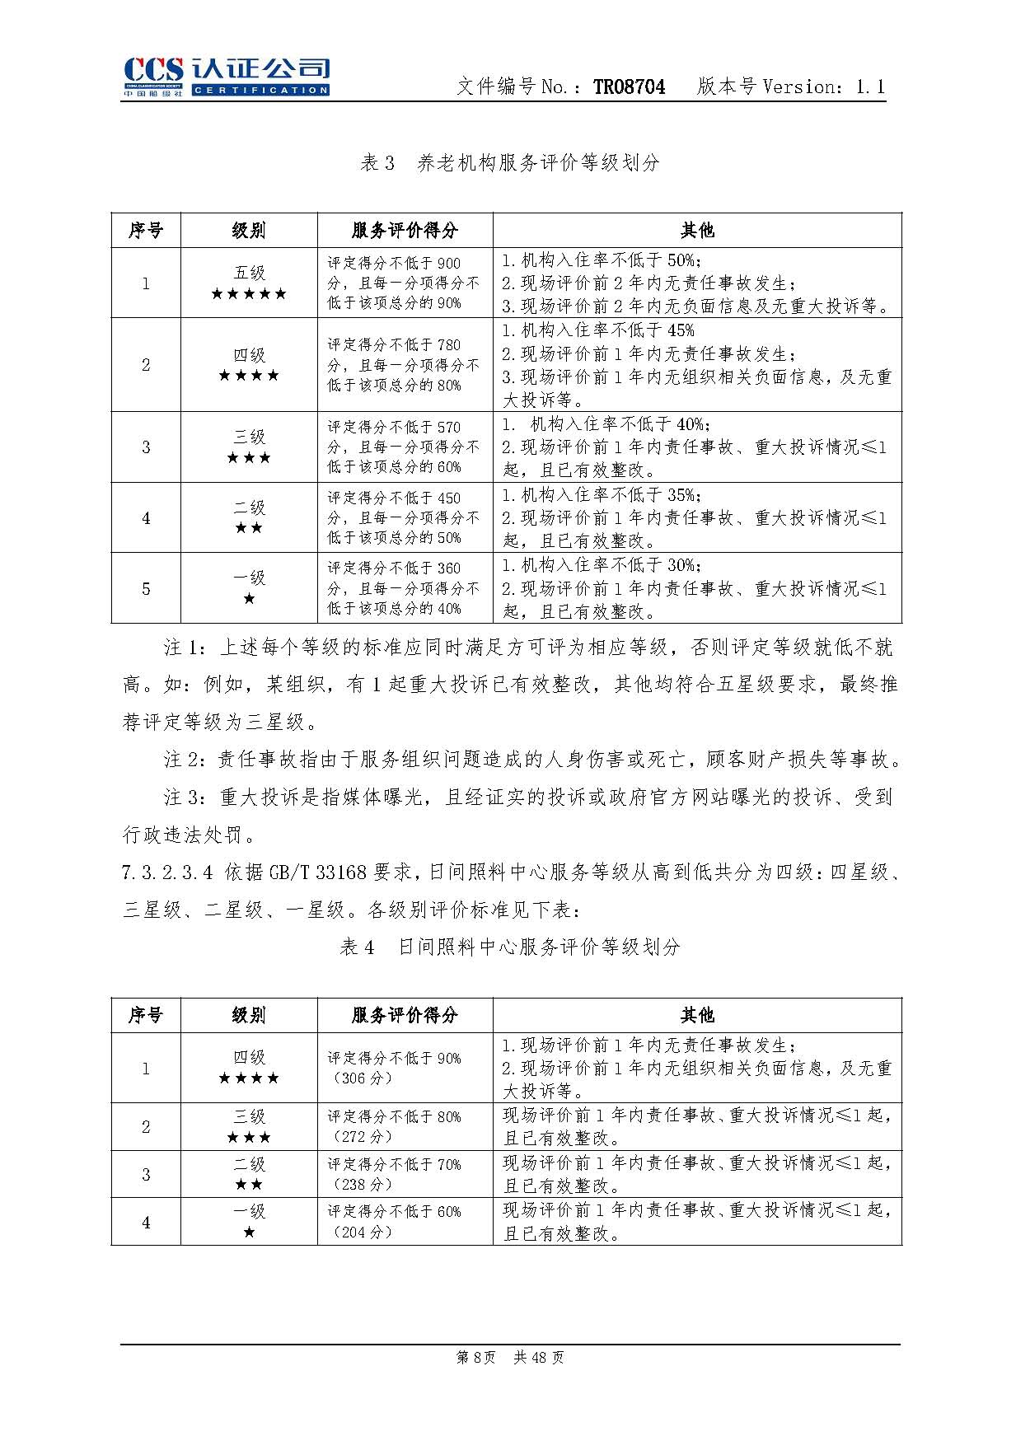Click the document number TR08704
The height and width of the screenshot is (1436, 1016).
pyautogui.click(x=629, y=87)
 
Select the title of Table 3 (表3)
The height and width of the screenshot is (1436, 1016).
pyautogui.click(x=509, y=162)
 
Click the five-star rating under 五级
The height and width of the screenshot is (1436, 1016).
pyautogui.click(x=249, y=294)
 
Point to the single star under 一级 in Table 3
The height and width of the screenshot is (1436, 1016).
pyautogui.click(x=249, y=599)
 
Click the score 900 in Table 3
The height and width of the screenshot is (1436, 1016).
pyautogui.click(x=448, y=264)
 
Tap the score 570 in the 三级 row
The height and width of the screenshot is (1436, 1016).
pyautogui.click(x=448, y=428)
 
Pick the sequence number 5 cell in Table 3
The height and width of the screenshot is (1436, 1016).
pyautogui.click(x=146, y=588)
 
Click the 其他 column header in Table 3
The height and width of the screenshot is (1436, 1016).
pyautogui.click(x=697, y=230)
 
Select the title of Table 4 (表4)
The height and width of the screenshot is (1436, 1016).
pyautogui.click(x=509, y=947)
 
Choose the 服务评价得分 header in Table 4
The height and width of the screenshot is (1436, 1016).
pyautogui.click(x=405, y=1015)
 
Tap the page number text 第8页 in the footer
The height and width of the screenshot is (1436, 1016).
pyautogui.click(x=475, y=1358)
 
